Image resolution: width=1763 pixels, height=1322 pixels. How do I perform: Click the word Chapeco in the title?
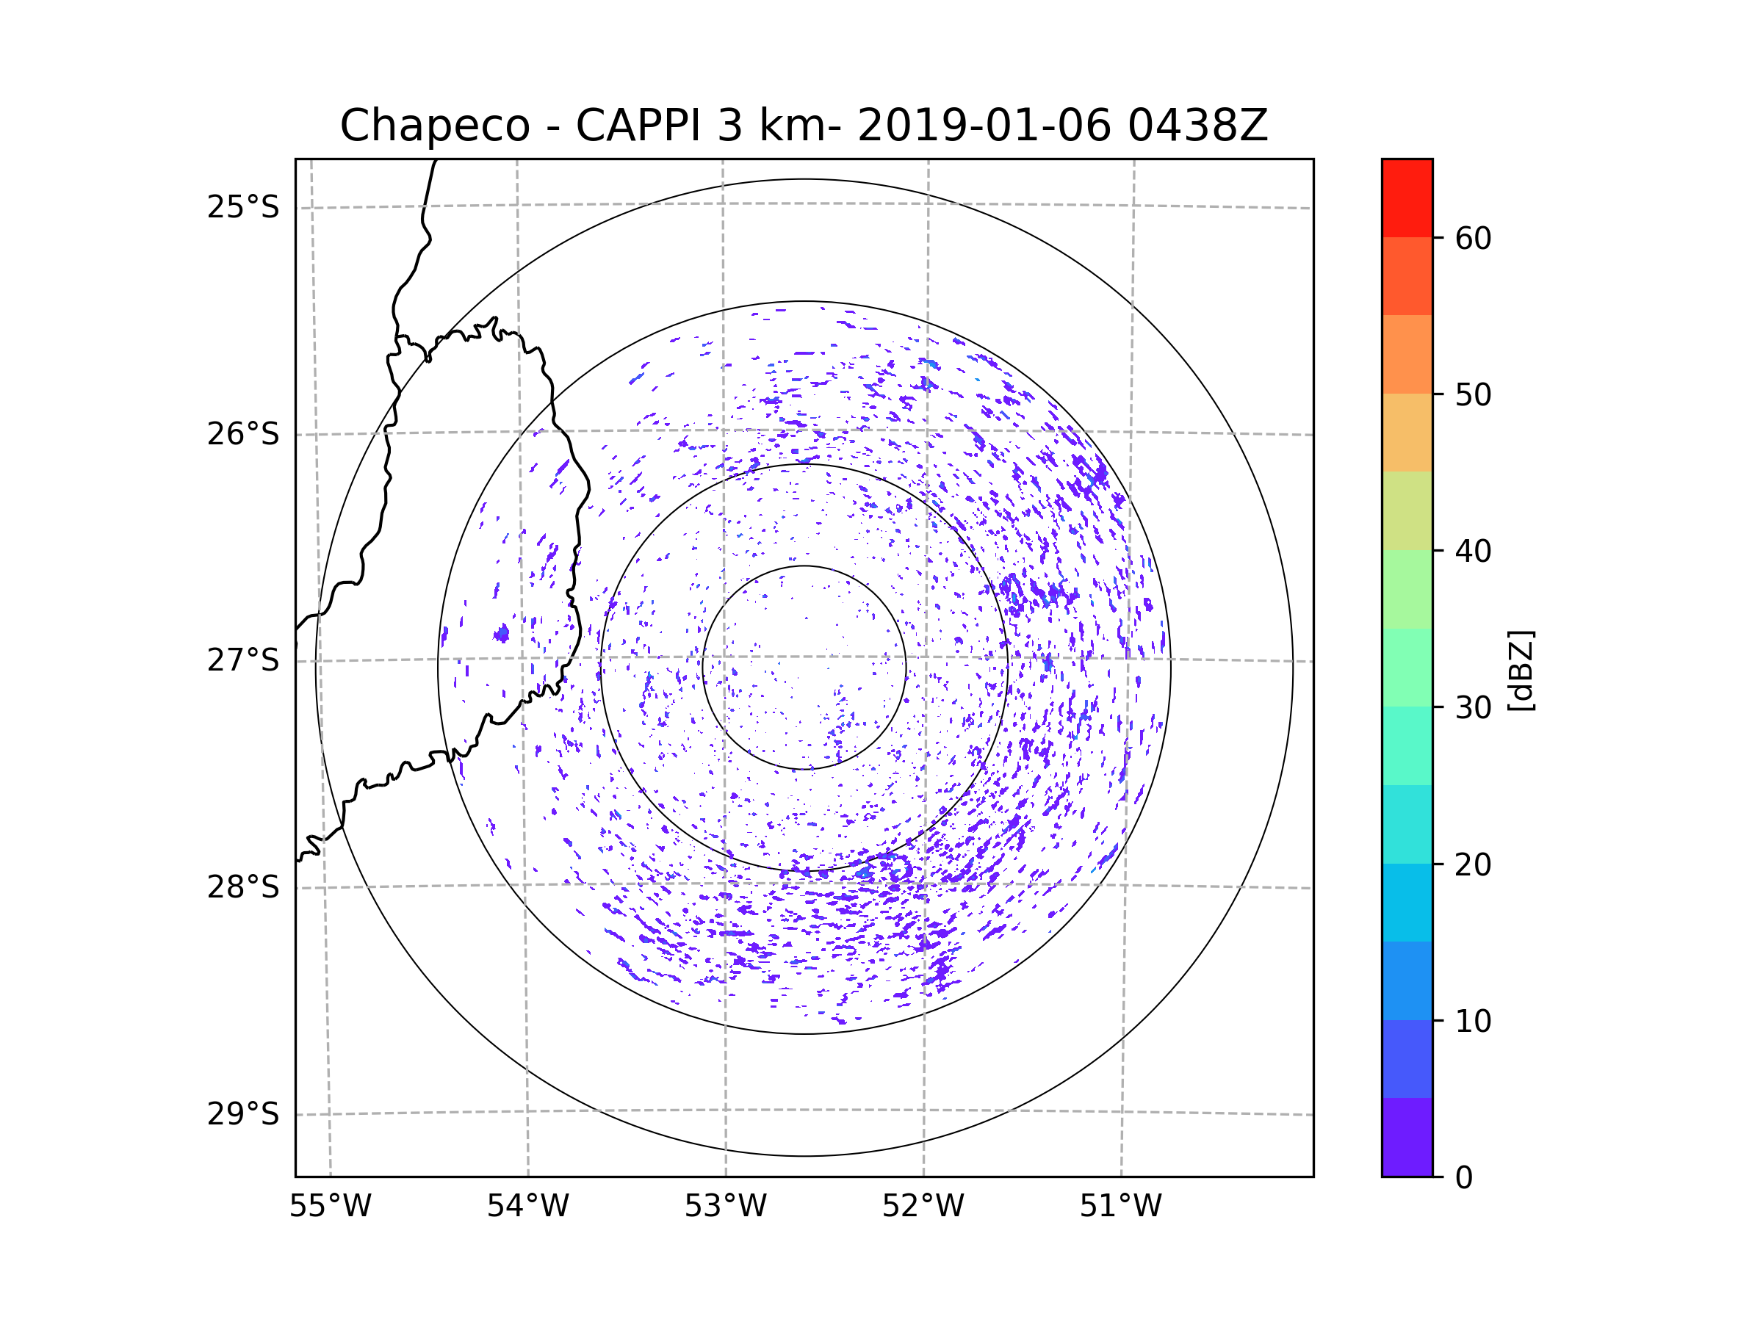coord(434,126)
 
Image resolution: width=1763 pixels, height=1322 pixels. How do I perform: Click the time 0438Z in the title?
coord(1197,126)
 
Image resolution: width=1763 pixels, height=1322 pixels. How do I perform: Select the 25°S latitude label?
coord(243,207)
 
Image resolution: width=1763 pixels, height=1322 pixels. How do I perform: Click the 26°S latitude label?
coord(243,434)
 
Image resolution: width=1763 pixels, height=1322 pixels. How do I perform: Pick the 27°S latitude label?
coord(243,660)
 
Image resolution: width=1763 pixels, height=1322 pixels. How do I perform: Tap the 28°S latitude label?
coord(243,887)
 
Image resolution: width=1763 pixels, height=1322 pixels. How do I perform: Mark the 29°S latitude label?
coord(243,1114)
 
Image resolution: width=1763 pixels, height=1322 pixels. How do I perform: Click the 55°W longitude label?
coord(330,1207)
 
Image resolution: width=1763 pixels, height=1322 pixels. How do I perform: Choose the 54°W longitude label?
coord(527,1207)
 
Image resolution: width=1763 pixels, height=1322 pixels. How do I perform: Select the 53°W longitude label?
coord(725,1207)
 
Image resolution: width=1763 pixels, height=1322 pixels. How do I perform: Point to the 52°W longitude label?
coord(923,1207)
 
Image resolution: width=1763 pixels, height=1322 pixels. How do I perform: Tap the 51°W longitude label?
coord(1120,1207)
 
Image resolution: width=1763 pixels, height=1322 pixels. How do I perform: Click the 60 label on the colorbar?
coord(1473,238)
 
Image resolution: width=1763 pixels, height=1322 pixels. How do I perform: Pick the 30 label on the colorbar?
coord(1473,707)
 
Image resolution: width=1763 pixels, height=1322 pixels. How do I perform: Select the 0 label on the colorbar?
coord(1464,1178)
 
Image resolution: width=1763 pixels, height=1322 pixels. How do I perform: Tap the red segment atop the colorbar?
coord(1407,198)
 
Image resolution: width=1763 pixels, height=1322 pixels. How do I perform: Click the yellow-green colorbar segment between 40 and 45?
coord(1407,510)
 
